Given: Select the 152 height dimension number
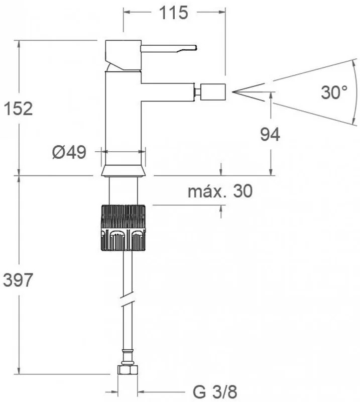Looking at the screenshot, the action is tap(18, 109).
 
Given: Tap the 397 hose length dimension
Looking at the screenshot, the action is tap(18, 280).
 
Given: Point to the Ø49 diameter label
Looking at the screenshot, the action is tap(69, 152).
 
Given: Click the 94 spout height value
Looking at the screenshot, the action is tap(270, 135).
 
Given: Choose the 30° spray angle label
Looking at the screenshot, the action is tap(334, 92).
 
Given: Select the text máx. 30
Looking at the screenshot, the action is tap(220, 191).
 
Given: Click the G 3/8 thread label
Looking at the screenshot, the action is tap(215, 392).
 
